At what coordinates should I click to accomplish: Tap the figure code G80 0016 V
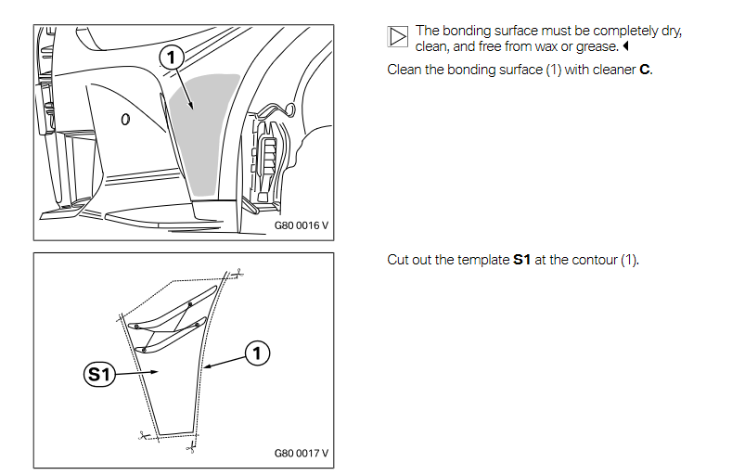[x=302, y=225]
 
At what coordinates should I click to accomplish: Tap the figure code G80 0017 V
[x=302, y=454]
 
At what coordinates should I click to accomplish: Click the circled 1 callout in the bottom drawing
[x=257, y=352]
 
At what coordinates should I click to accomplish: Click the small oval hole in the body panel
[x=125, y=119]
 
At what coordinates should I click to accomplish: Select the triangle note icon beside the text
[x=397, y=36]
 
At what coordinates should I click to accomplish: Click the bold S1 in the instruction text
[x=521, y=260]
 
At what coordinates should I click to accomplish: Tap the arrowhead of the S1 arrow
[x=156, y=372]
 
